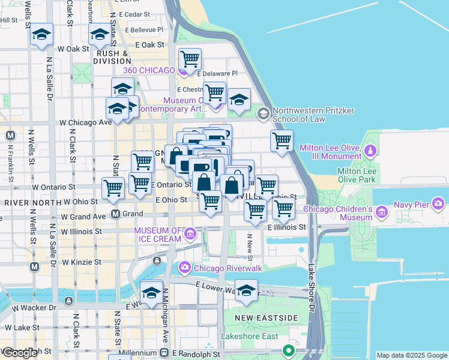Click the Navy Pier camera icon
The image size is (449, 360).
[438, 205]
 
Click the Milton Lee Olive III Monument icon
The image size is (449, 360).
[371, 149]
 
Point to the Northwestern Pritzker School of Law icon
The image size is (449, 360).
[263, 113]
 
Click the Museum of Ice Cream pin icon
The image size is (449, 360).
[190, 233]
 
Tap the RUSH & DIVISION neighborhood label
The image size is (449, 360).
[113, 57]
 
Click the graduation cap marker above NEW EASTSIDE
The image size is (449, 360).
[246, 291]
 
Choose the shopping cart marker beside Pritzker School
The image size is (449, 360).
[282, 142]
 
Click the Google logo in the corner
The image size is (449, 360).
[20, 353]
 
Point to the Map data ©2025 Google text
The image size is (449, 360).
[412, 355]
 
